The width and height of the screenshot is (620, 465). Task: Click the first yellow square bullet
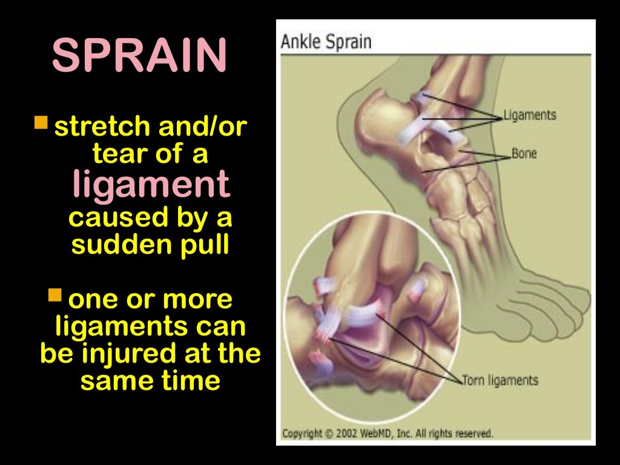tap(41, 124)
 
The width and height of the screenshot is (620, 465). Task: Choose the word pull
tap(202, 246)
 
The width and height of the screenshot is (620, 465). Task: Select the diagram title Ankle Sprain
tap(326, 42)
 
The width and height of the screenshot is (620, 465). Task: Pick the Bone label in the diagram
tap(524, 154)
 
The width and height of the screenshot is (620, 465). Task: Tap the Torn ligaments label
tap(500, 380)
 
